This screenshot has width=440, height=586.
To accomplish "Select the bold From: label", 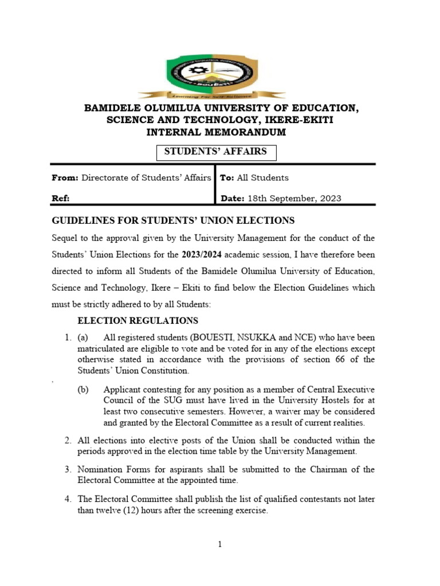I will click(x=65, y=178).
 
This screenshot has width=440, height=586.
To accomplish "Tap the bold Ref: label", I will click(x=61, y=199).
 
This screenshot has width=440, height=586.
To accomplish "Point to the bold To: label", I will click(x=227, y=178).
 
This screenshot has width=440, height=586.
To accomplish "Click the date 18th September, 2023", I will click(x=294, y=199).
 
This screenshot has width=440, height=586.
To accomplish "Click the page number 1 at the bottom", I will click(x=219, y=544).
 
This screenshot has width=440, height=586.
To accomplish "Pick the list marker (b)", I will click(x=83, y=390).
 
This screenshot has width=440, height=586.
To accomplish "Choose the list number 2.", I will click(x=68, y=440).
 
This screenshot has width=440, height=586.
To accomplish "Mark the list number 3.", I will click(x=68, y=469).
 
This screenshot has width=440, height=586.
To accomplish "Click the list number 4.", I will click(x=68, y=499).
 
